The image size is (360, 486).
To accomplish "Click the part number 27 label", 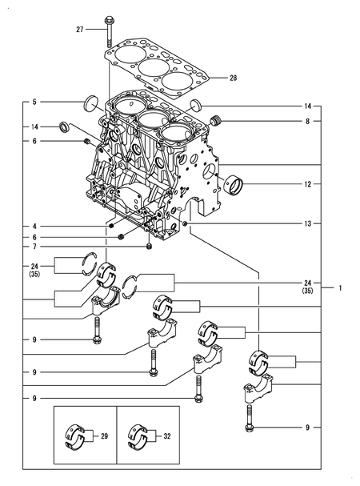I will [x=80, y=30].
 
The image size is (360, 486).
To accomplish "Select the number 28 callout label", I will [x=233, y=78].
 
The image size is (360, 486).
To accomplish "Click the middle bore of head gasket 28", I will [x=152, y=67].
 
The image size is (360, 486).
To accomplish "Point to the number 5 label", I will [x=34, y=102].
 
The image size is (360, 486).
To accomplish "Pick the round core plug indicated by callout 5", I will [x=90, y=102].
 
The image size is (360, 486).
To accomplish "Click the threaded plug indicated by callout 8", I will [x=214, y=121].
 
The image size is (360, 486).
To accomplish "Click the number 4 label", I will [x=34, y=227].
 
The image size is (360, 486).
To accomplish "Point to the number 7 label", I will [x=34, y=247].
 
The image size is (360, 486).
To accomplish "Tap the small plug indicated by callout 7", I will [x=150, y=247].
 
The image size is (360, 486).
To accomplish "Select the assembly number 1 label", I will [x=340, y=287].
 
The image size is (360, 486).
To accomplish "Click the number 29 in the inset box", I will [x=102, y=436].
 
